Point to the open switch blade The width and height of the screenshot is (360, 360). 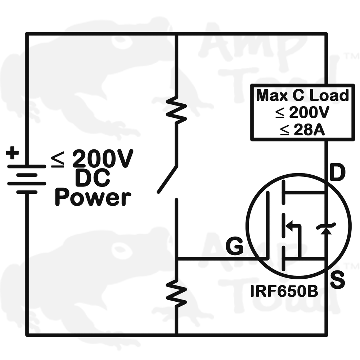[167, 179]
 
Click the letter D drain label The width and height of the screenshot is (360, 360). [337, 174]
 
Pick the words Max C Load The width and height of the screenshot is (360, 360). [302, 96]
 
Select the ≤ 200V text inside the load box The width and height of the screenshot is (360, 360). [302, 113]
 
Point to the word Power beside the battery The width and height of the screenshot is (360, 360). [93, 198]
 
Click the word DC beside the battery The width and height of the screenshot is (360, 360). [93, 178]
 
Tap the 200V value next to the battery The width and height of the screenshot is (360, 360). [103, 159]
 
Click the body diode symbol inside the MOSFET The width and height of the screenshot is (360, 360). [326, 228]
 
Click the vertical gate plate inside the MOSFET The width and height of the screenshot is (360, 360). [267, 225]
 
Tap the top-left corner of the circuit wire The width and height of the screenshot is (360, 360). [27, 34]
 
